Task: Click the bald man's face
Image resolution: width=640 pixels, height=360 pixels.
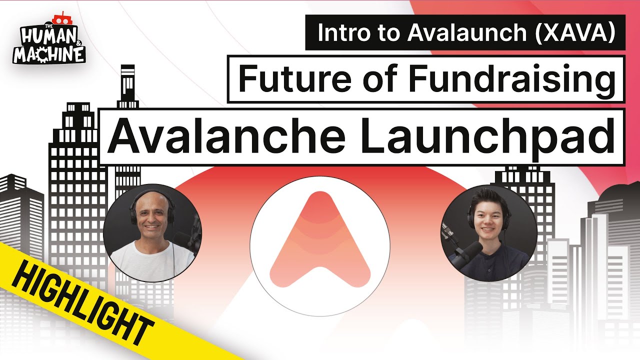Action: (x=148, y=220)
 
